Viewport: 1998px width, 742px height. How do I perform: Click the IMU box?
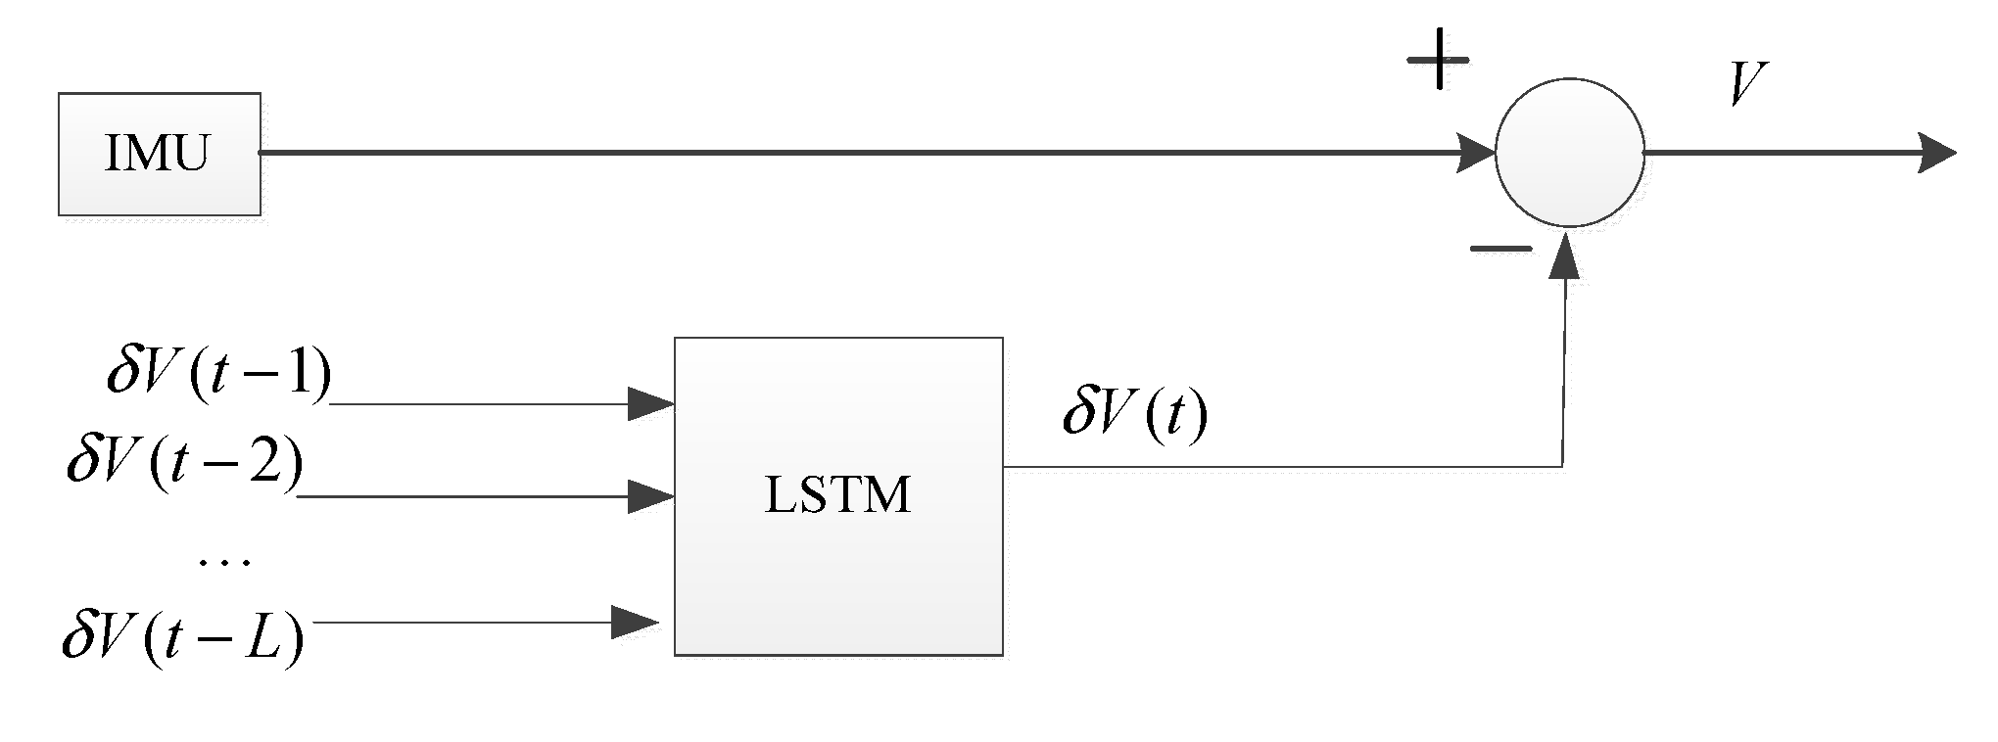(x=160, y=154)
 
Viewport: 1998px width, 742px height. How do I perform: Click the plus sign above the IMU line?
(x=1438, y=60)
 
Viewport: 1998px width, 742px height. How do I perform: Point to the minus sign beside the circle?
(x=1499, y=249)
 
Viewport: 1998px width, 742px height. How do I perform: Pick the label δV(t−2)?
(x=185, y=461)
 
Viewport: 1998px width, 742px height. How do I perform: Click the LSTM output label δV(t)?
(x=1135, y=415)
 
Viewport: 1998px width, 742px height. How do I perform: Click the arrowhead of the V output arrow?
(x=1936, y=154)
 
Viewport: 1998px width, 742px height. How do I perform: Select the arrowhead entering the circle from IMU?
(x=1476, y=154)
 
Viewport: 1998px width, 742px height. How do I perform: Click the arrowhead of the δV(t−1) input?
(x=651, y=403)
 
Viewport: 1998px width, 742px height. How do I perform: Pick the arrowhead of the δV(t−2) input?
(x=651, y=497)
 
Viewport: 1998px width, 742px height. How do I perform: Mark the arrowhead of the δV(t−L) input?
(x=634, y=622)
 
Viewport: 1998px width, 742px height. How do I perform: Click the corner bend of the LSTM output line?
(x=1561, y=466)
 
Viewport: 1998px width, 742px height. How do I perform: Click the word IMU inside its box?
(x=157, y=154)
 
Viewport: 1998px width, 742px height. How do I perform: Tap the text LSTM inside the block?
(x=837, y=494)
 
